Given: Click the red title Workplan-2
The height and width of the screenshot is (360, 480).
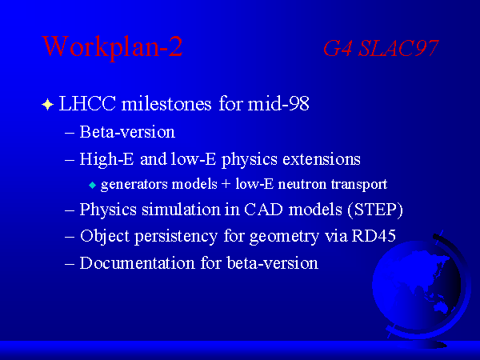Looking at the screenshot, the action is [x=112, y=47].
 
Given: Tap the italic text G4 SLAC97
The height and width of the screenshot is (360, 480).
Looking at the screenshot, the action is [x=381, y=48].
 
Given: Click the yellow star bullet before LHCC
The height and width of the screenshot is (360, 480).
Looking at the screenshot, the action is [x=47, y=104].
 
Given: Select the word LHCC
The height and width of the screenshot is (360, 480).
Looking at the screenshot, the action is [x=87, y=103].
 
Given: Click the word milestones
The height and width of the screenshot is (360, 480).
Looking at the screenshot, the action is [x=166, y=103].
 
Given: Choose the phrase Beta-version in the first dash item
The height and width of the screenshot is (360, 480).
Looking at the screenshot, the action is [x=127, y=132].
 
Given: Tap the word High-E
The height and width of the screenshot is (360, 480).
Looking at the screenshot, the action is [x=106, y=159].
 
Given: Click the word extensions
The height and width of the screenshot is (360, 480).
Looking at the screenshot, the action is [x=322, y=159].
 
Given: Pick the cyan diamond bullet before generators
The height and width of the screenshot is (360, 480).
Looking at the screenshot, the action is [x=93, y=186].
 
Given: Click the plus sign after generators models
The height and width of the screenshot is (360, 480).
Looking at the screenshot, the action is [x=226, y=184].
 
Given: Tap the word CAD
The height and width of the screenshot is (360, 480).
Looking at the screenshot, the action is [x=263, y=210].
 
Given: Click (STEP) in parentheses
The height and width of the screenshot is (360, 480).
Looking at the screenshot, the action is [x=375, y=210].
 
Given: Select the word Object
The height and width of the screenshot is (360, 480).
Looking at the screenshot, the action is [x=105, y=237].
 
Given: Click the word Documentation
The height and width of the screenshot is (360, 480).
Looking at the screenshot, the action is [x=137, y=263].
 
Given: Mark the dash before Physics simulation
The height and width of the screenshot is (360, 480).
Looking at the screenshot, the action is [x=70, y=211].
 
